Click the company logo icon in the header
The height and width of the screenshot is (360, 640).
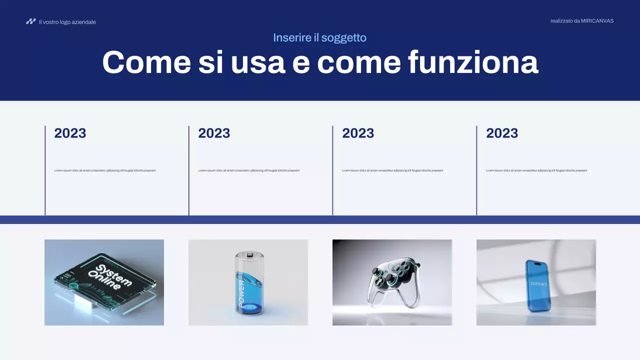(x=31, y=21)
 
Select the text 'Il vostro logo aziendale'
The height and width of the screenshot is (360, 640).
(x=67, y=22)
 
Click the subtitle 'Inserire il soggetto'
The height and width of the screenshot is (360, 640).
(x=319, y=37)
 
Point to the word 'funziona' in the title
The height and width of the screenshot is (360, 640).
(x=473, y=62)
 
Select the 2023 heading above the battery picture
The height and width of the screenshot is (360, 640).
(x=214, y=133)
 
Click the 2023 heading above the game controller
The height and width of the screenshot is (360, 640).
(x=358, y=133)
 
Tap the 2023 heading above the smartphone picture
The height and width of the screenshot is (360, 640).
(x=502, y=133)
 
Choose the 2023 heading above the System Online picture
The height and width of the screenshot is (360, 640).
(x=70, y=133)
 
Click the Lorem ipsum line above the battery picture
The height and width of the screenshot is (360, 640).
(x=249, y=170)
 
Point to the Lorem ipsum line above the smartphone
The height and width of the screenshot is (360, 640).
(x=536, y=170)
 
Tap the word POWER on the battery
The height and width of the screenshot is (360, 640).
(x=242, y=293)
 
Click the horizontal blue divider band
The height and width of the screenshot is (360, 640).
(x=320, y=219)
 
